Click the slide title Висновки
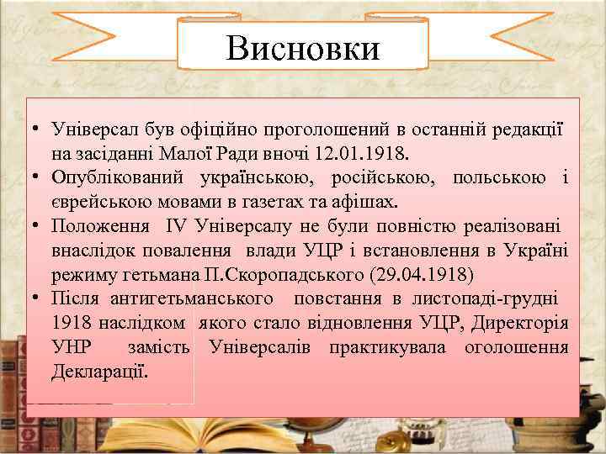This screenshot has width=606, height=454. [303, 47]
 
